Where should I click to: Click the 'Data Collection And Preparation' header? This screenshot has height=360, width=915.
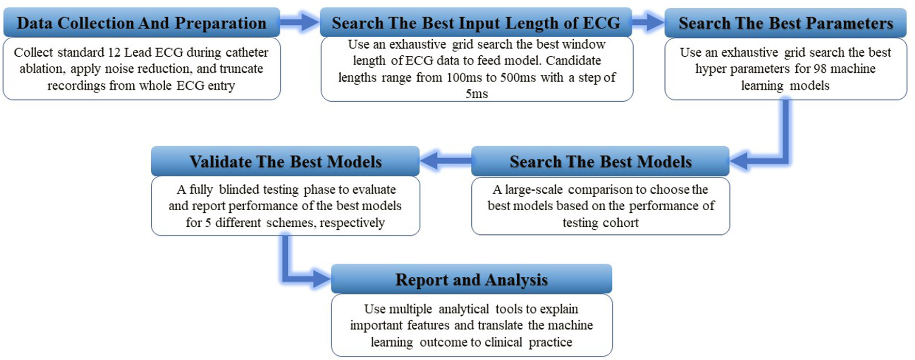(x=141, y=23)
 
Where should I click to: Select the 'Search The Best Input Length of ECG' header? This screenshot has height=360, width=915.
(x=476, y=23)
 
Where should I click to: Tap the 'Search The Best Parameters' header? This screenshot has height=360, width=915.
(x=785, y=23)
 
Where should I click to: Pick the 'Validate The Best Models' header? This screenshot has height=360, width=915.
(x=285, y=161)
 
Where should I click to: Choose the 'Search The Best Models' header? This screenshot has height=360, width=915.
(x=601, y=161)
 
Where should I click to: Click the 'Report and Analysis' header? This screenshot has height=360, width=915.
(x=471, y=279)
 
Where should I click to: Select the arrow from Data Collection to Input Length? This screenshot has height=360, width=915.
(x=300, y=22)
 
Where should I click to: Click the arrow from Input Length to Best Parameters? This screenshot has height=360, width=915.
(x=648, y=22)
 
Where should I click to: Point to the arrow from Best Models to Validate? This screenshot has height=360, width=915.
(x=446, y=161)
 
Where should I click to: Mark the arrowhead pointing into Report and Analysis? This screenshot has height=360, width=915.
(x=321, y=279)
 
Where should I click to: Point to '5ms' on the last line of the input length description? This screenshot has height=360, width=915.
(x=477, y=94)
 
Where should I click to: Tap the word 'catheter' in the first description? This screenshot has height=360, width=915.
(x=246, y=53)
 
